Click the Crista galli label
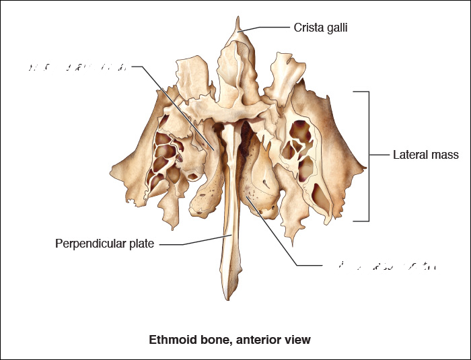coord(320,28)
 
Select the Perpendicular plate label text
coord(104,244)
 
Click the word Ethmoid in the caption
coord(168,340)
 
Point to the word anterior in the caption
coord(253,340)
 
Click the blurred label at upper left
coord(77,67)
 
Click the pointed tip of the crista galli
coord(237,18)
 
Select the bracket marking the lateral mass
coord(368,155)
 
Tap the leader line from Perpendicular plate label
coord(195,241)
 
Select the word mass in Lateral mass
coord(444,155)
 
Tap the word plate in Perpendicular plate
coord(142,244)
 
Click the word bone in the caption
coord(207,340)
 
